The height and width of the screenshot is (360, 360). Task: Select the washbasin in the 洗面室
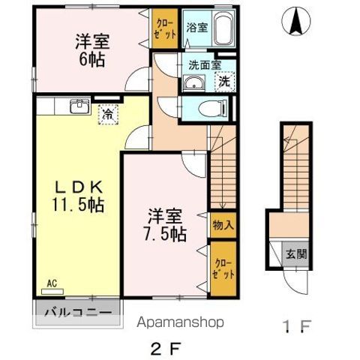(194, 84)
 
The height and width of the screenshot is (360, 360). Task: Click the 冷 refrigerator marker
(108, 115)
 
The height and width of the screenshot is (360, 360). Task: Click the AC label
(52, 283)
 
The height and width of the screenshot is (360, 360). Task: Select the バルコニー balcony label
(77, 311)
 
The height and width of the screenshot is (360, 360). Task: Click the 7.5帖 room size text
(166, 235)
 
